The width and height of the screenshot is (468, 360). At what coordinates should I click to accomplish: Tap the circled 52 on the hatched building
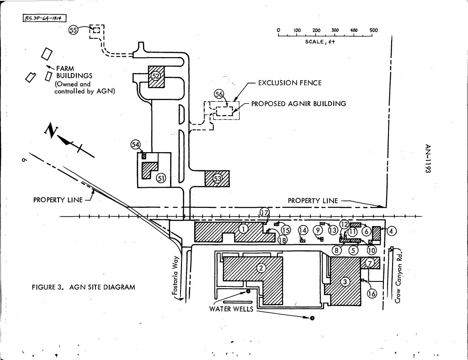[156, 75]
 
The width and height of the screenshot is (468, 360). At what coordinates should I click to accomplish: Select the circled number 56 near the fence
[219, 94]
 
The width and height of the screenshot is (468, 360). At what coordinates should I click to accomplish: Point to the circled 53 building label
[218, 178]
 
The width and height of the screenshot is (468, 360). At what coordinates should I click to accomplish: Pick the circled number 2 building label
[261, 268]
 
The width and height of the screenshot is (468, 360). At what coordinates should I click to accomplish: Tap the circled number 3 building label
[346, 282]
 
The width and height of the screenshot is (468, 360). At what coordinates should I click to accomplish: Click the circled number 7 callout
[370, 263]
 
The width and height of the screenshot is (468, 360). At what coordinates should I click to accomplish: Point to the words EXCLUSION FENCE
[290, 83]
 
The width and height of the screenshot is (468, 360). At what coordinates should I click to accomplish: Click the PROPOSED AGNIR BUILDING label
[298, 104]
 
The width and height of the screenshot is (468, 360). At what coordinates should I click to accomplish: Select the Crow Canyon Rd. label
[399, 276]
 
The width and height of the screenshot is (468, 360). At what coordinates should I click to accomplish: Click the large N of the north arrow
[50, 131]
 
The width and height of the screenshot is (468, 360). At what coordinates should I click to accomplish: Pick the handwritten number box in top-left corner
[44, 18]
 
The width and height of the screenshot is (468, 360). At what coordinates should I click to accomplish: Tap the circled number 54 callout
[136, 144]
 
